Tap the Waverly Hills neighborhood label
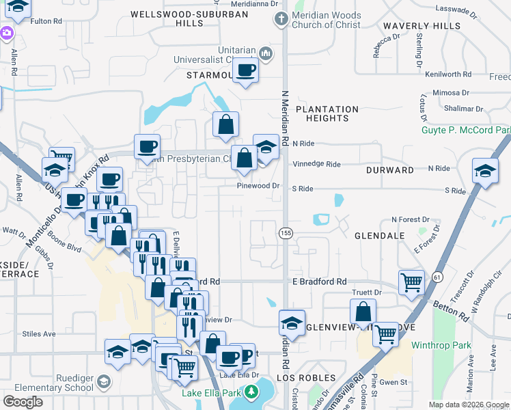[413, 26]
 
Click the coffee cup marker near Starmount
[245, 70]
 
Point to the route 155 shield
[285, 233]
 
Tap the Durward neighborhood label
[389, 169]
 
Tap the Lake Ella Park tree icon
[251, 392]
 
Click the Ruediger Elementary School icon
[104, 381]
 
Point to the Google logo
[23, 402]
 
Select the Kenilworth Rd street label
[447, 74]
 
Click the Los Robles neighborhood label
[306, 378]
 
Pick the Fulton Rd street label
[46, 21]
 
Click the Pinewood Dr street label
[259, 185]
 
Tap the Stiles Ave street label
[39, 334]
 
